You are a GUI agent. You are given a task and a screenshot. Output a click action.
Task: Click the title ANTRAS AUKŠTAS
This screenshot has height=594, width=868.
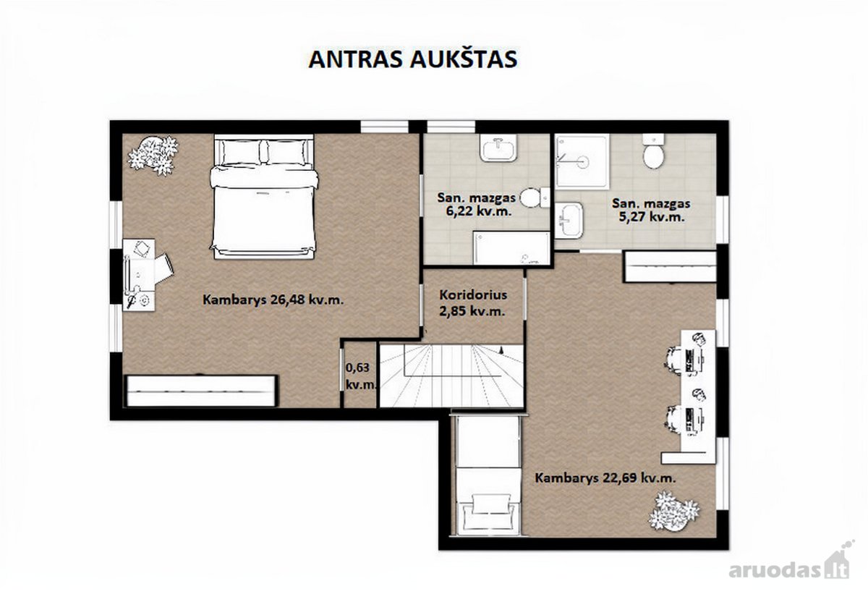click(413, 59)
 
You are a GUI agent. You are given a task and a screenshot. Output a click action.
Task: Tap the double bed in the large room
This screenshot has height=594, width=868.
click(263, 197)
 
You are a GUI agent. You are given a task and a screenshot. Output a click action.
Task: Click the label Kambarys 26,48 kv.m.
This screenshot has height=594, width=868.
click(273, 300)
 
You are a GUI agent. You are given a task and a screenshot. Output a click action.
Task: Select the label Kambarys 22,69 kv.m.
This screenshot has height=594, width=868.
click(605, 478)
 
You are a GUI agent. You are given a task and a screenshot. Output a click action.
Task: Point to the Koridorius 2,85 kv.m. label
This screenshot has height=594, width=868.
click(473, 302)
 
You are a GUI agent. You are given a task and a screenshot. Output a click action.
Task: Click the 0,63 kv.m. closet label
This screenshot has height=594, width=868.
click(361, 376)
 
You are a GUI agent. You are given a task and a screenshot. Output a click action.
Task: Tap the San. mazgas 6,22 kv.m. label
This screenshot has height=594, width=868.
click(476, 204)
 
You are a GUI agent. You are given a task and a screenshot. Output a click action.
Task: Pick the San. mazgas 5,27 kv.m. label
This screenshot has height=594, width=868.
click(651, 210)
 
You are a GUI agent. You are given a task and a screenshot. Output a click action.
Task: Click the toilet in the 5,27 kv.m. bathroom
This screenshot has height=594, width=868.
click(654, 151)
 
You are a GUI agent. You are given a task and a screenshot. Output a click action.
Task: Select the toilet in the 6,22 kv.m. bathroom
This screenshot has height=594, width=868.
click(535, 198)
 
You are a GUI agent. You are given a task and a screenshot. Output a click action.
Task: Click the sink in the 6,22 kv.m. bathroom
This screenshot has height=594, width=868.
click(498, 148)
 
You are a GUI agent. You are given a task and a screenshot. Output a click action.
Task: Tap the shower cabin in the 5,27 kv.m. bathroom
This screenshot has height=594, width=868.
click(582, 161)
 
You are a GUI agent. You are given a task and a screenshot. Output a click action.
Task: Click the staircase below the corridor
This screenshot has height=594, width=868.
click(451, 376)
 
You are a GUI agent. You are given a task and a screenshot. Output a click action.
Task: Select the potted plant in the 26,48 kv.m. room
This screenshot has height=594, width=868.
click(153, 155)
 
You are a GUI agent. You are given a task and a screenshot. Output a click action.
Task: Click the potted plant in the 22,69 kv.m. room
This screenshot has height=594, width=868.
click(673, 512)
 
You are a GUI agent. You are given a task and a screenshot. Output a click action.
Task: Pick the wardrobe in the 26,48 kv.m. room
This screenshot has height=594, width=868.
click(201, 391)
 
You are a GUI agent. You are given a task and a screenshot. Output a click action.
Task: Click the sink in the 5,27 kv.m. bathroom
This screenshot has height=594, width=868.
click(569, 220)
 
